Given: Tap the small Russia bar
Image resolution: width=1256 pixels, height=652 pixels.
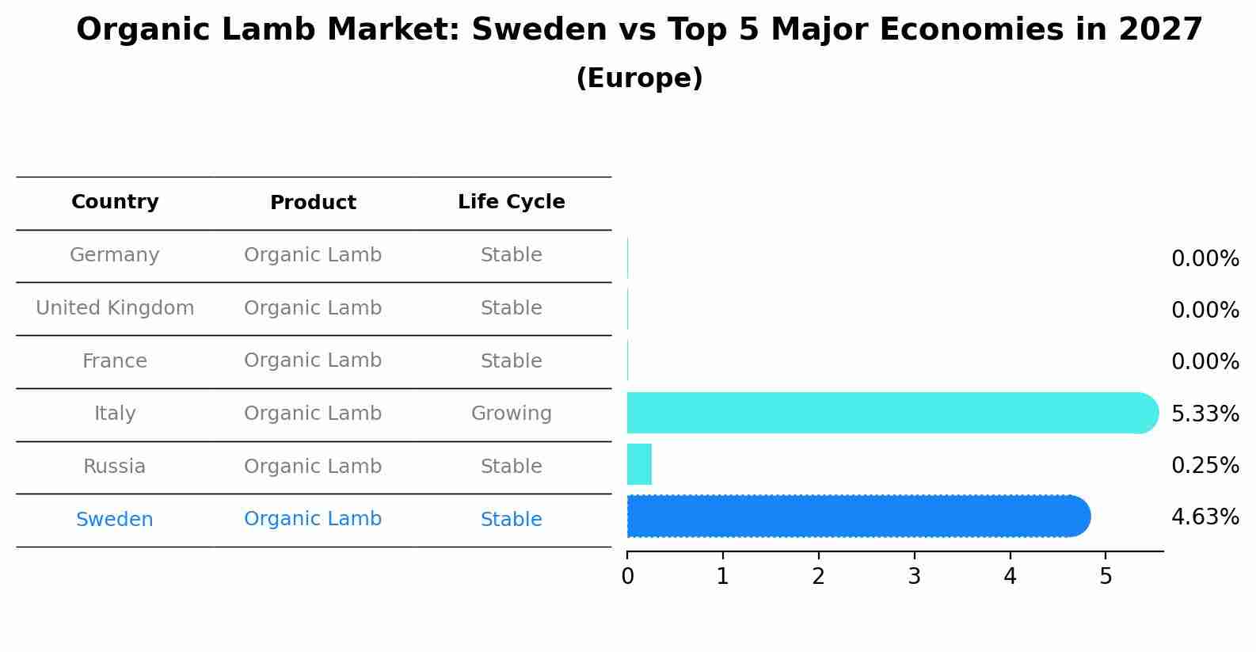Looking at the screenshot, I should pyautogui.click(x=639, y=464).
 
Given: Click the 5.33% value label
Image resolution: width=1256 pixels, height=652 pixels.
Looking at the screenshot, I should pyautogui.click(x=1205, y=414).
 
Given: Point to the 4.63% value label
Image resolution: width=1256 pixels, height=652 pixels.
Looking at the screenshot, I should pyautogui.click(x=1205, y=517).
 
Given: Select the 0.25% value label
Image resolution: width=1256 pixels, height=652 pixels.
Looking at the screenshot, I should pyautogui.click(x=1205, y=465).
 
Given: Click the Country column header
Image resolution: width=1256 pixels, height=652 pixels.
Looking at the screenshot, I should pyautogui.click(x=115, y=202).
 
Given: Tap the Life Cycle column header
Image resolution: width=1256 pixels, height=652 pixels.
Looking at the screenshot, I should pyautogui.click(x=511, y=202).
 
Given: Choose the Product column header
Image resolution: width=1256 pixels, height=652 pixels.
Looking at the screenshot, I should pyautogui.click(x=313, y=203).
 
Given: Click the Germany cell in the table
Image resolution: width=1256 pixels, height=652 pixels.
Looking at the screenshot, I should pyautogui.click(x=115, y=255).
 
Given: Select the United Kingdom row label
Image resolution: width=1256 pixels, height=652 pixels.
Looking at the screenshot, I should pyautogui.click(x=115, y=308).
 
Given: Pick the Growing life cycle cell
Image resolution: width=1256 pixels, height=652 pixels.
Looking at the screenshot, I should pyautogui.click(x=511, y=414).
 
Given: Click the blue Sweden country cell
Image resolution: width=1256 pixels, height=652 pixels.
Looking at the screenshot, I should pyautogui.click(x=115, y=520).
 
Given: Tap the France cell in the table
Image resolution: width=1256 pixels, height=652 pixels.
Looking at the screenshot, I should pyautogui.click(x=115, y=361).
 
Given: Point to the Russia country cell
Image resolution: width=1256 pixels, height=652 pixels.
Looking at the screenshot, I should pyautogui.click(x=115, y=467).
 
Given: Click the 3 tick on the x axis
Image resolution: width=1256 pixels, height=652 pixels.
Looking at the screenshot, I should pyautogui.click(x=914, y=577).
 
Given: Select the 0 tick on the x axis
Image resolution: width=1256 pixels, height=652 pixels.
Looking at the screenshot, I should pyautogui.click(x=627, y=577).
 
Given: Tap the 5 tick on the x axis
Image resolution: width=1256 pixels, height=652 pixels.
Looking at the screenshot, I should pyautogui.click(x=1106, y=577).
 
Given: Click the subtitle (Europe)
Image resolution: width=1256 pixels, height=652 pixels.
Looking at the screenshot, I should pyautogui.click(x=639, y=78).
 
